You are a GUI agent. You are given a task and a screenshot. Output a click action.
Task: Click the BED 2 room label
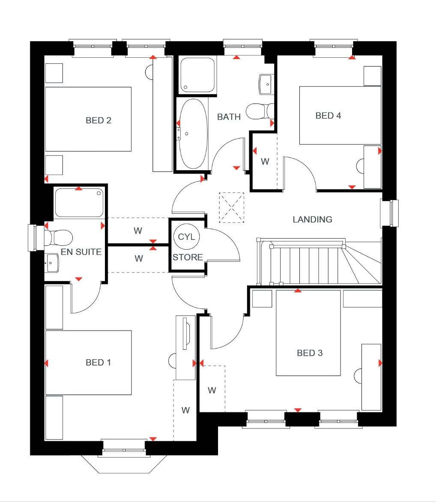tap(99, 121)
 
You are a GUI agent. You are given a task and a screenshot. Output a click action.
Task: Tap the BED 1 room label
tap(99, 363)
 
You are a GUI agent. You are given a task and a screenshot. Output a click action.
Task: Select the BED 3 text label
tap(310, 353)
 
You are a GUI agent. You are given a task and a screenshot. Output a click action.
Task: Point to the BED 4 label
tap(328, 116)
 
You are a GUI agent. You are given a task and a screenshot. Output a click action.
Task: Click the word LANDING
tap(312, 220)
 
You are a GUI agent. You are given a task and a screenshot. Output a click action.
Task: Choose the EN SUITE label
tap(81, 252)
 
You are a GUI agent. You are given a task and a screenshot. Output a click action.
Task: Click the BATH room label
tap(229, 117)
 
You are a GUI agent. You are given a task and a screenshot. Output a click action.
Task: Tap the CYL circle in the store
tap(186, 237)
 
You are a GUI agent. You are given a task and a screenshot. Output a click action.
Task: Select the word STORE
tap(188, 257)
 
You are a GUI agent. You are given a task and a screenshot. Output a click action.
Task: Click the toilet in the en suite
tap(60, 236)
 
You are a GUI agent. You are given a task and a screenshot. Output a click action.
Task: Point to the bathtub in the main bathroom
tap(192, 134)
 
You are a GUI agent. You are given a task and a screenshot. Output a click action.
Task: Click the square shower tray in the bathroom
tap(197, 75)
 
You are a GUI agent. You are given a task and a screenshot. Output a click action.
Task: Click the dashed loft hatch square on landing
tap(231, 207)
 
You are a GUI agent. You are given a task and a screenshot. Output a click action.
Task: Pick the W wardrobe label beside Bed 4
tap(265, 162)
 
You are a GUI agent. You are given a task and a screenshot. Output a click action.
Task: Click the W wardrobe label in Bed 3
tap(212, 390)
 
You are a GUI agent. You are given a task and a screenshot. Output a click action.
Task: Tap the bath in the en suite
tap(79, 203)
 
